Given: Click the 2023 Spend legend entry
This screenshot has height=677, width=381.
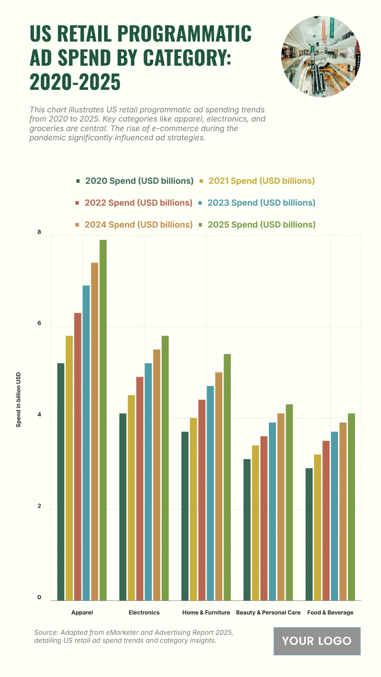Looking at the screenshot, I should click(x=261, y=203).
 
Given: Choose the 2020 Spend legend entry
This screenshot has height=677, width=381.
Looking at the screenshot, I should click(x=139, y=181).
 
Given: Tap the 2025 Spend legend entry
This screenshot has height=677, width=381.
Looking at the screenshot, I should click(x=261, y=225).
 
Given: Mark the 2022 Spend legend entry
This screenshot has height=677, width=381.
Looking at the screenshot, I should click(x=138, y=203).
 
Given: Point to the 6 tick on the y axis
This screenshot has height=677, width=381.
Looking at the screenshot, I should click(x=39, y=323).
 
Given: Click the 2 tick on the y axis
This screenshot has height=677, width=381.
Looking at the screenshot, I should click(x=39, y=506).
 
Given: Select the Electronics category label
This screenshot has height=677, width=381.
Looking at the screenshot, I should click(x=144, y=613).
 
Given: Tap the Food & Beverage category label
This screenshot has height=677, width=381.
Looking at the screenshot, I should click(x=330, y=613).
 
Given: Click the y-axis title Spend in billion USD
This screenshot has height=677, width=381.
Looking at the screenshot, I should click(x=18, y=400).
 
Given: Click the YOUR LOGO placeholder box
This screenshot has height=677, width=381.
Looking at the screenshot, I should click(x=317, y=641).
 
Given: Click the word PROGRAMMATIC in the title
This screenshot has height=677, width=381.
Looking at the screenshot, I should click(x=184, y=33).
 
